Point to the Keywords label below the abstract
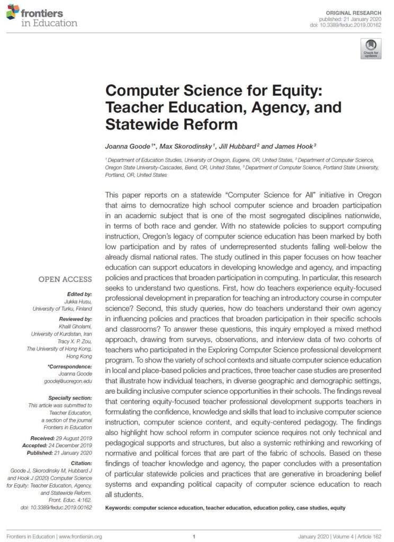point(119,508)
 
